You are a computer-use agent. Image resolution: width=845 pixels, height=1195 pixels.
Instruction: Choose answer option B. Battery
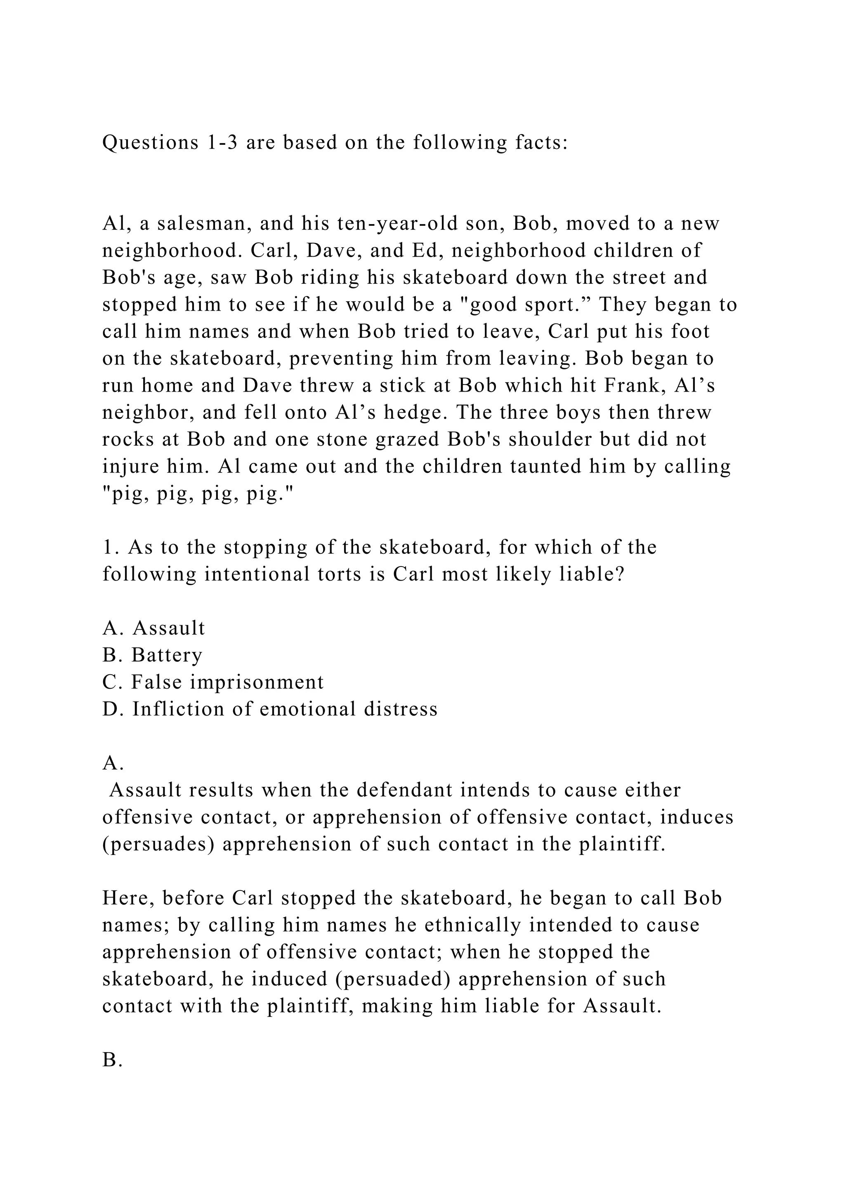(152, 655)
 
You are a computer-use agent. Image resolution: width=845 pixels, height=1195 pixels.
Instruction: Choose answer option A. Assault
(153, 628)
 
